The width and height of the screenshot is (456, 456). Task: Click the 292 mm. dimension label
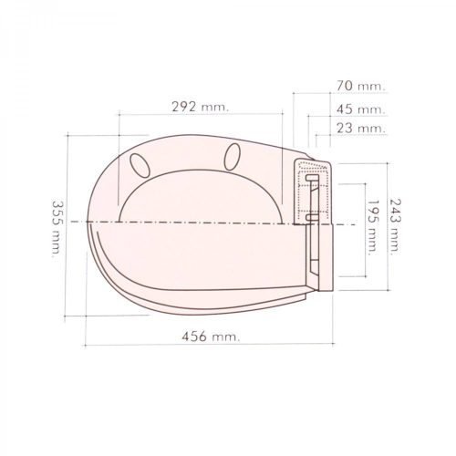point(200,104)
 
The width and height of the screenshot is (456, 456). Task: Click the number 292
point(187,104)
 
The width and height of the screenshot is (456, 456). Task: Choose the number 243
point(394,212)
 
